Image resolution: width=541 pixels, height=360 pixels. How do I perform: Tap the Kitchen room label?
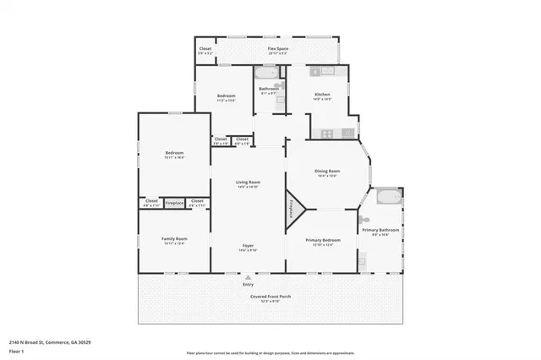[x=322, y=95]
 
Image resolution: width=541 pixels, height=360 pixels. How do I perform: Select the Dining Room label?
[x=326, y=172]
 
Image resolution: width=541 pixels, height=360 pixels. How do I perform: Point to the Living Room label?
[x=248, y=183]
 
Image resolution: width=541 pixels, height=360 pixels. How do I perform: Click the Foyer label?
[x=247, y=246]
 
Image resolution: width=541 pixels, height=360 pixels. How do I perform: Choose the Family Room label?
[x=174, y=239]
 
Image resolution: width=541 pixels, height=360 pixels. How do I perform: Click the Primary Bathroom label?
[x=380, y=231]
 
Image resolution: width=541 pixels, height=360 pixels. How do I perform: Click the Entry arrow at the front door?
[x=248, y=276]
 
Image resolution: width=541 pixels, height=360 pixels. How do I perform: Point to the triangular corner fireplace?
[x=293, y=205]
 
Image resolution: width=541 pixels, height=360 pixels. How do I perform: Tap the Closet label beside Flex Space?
[x=205, y=49]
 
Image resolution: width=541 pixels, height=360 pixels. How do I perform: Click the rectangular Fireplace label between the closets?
[x=174, y=203]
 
